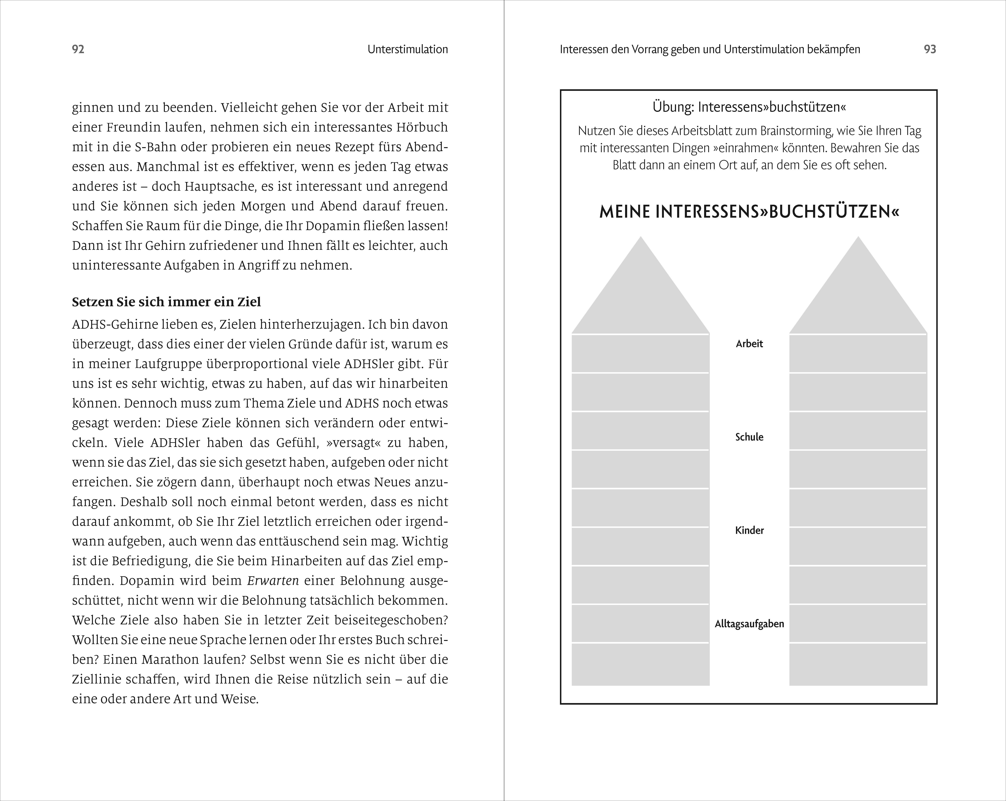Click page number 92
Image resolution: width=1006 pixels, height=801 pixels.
coord(78,50)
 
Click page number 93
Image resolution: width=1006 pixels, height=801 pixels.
coord(930,50)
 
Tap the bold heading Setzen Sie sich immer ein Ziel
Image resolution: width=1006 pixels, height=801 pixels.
coord(166,302)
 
